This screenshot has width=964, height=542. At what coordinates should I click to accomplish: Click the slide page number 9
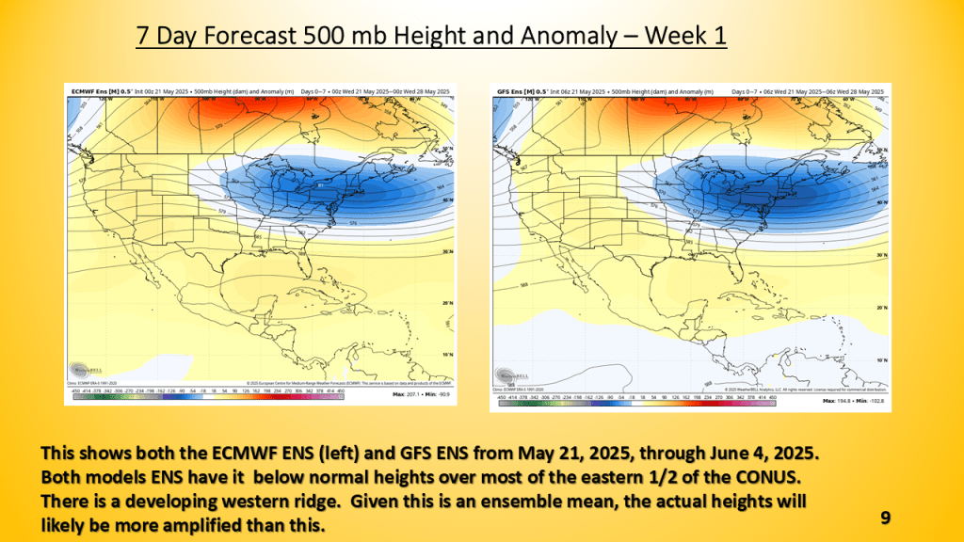pos(885,518)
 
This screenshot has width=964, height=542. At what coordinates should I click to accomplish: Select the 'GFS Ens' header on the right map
pos(510,90)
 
